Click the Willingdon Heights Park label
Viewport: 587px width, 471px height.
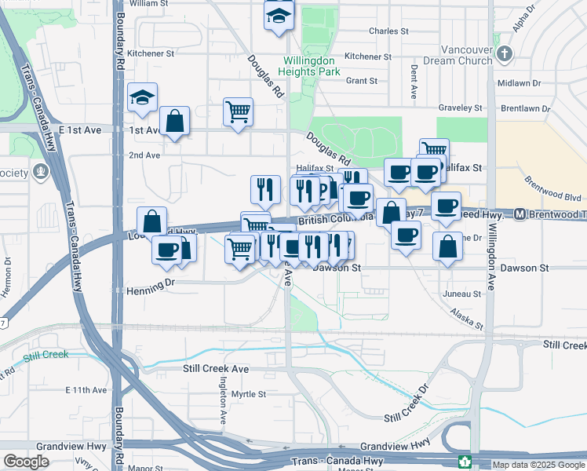(312, 66)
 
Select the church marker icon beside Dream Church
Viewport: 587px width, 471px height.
(505, 54)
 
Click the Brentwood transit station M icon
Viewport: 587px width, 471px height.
(520, 214)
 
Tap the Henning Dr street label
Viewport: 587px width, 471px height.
(148, 290)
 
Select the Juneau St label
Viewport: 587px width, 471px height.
(461, 294)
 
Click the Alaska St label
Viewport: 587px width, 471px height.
(468, 319)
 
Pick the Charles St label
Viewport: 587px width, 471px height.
(389, 32)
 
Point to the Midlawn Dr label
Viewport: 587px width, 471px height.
(519, 82)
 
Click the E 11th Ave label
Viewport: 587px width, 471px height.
(86, 389)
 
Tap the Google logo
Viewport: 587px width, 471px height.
(26, 462)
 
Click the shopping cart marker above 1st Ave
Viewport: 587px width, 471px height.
(238, 111)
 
